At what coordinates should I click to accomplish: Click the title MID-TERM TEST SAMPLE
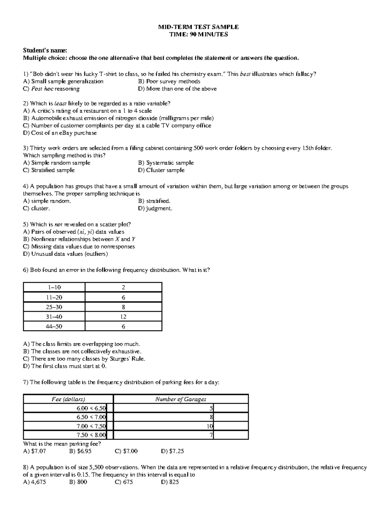(198, 27)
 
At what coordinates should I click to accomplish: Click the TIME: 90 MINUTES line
(198, 35)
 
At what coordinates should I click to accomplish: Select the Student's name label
(45, 51)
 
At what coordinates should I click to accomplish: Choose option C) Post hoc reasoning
(51, 89)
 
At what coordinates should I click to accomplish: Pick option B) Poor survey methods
(169, 81)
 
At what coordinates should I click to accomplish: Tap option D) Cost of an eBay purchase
(60, 133)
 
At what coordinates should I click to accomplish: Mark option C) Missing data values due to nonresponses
(79, 247)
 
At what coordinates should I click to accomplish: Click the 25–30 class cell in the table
(54, 307)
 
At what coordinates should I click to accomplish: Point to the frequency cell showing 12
(123, 317)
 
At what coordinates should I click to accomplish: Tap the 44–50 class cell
(54, 326)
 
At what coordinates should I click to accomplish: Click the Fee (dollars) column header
(68, 399)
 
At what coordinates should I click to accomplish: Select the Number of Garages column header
(181, 399)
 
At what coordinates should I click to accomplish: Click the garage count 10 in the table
(210, 426)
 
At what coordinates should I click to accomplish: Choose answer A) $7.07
(35, 451)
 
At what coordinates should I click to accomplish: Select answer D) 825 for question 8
(170, 482)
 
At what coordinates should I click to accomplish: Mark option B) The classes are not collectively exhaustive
(82, 352)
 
